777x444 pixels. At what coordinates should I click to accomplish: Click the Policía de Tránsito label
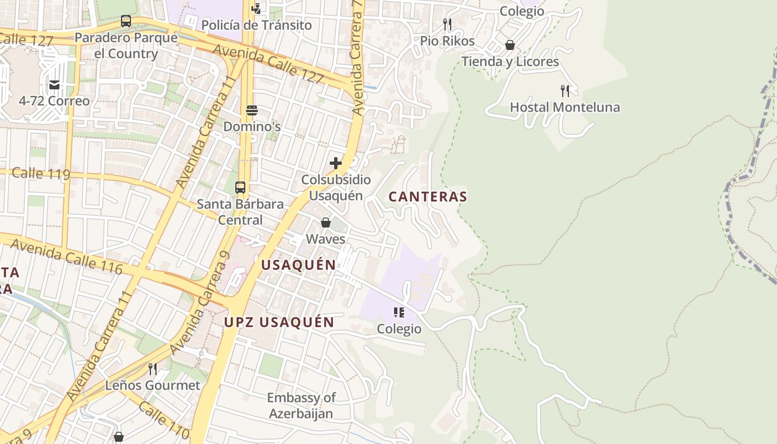point(256,25)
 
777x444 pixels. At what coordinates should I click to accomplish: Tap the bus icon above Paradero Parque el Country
point(126,22)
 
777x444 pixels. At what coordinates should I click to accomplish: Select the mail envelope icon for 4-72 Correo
point(54,85)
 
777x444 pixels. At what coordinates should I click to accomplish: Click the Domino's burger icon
point(252,110)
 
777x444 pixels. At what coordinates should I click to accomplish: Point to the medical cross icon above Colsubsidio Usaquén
point(336,163)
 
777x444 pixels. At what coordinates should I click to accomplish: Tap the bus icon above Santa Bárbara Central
point(240,188)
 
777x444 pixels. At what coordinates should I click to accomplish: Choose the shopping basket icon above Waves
point(326,223)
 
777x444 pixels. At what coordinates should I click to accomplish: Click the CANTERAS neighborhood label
point(427,196)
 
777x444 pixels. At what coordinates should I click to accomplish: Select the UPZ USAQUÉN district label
point(279,322)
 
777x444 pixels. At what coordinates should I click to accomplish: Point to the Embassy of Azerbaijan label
point(301,406)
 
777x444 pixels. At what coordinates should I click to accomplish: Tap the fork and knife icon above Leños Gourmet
point(153,369)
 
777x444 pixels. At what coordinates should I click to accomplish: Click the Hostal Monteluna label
point(564,107)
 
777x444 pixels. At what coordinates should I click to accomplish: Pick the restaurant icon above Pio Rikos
point(447,24)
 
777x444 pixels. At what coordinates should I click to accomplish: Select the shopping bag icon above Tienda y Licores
point(510,45)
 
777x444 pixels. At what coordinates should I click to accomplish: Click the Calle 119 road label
point(41,174)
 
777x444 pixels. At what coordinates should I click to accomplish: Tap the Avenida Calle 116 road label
point(65,256)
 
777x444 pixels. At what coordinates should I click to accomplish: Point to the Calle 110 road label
point(164,420)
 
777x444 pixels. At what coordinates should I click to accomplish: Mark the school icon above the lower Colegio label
point(399,312)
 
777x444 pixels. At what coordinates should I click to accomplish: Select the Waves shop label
point(326,239)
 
